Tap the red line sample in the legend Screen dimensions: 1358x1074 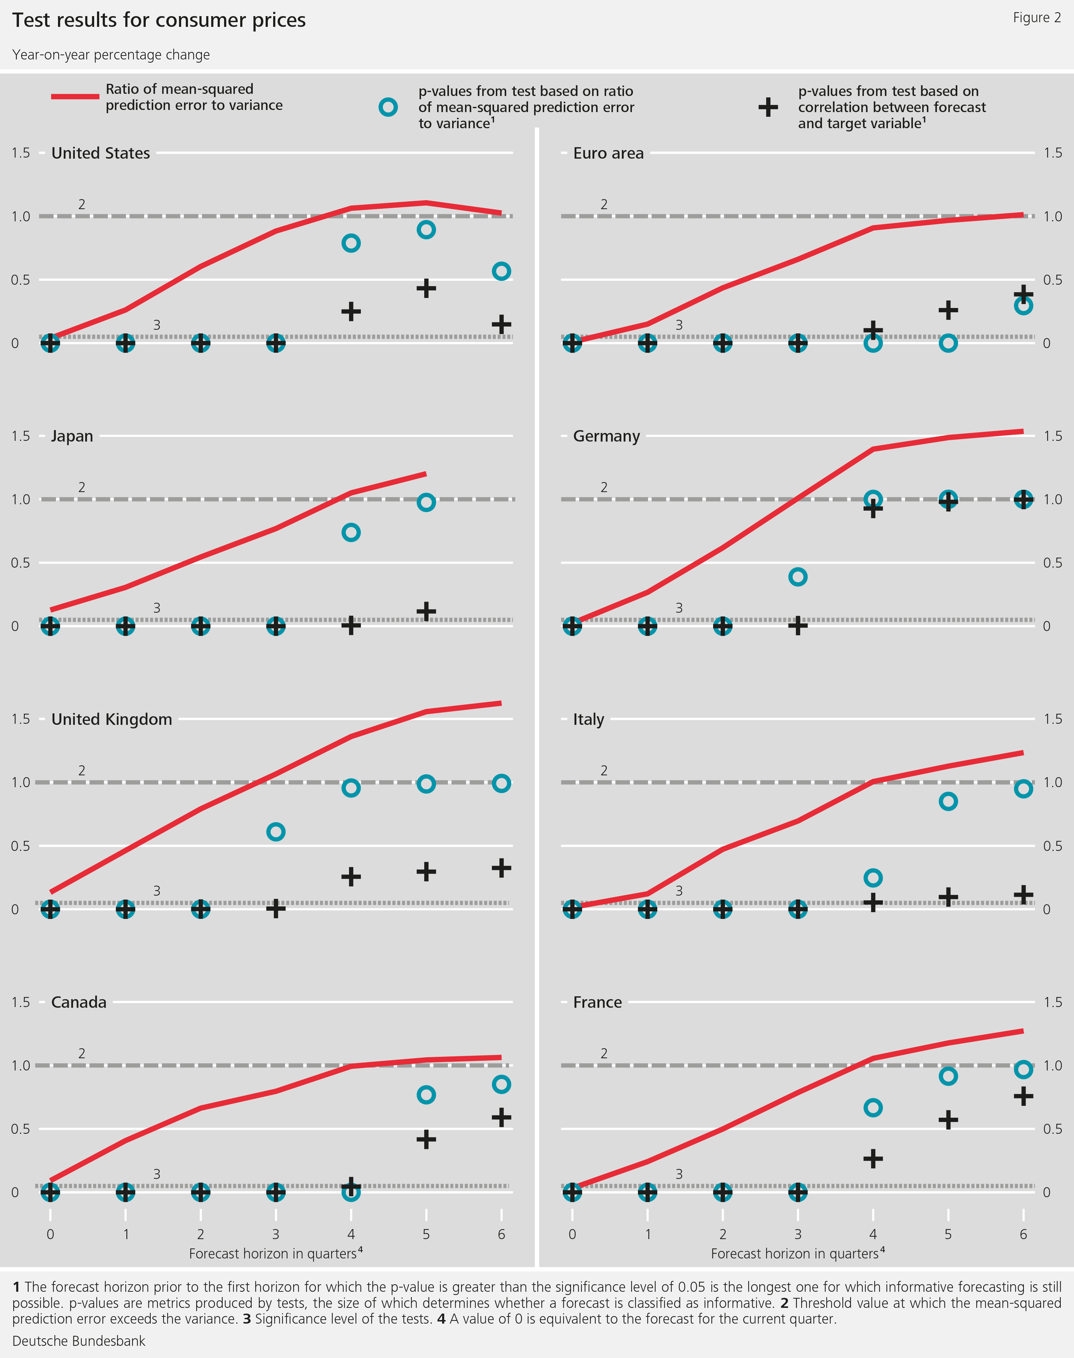coord(75,97)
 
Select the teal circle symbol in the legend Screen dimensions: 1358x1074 coord(388,107)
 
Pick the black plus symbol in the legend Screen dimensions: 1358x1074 coord(768,107)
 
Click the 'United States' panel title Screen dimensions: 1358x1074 coord(101,154)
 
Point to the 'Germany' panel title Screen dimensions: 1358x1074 coord(606,437)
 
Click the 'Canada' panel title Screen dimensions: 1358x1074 coord(79,1003)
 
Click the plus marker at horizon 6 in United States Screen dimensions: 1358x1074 coord(501,324)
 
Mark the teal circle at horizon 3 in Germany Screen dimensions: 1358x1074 coord(797,577)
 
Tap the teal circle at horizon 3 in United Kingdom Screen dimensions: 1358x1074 coord(275,832)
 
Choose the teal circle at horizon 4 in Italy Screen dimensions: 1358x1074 coord(873,877)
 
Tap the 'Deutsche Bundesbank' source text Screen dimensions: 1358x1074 coord(79,1341)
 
